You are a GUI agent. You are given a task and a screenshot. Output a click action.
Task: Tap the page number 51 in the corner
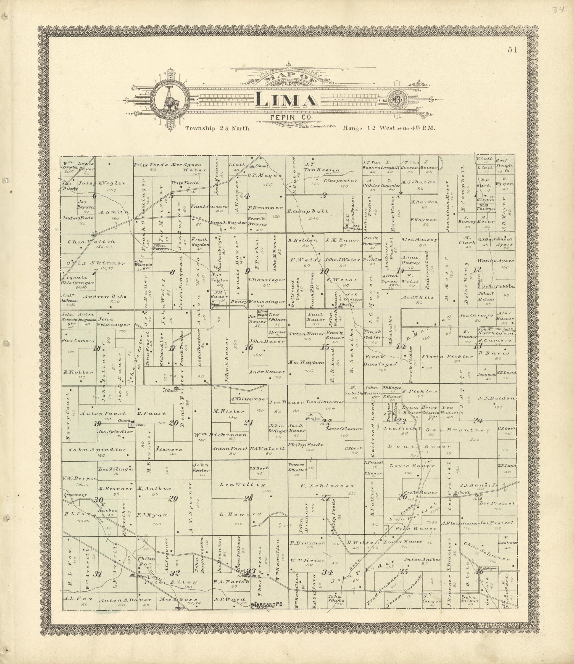coord(512,50)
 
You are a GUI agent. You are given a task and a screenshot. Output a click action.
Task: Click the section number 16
coord(249,347)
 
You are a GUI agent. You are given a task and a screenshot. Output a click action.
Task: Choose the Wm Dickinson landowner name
coord(220,435)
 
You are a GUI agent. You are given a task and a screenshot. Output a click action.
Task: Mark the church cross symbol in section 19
coord(131,425)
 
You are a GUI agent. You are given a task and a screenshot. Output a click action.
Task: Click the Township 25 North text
coord(217,128)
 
